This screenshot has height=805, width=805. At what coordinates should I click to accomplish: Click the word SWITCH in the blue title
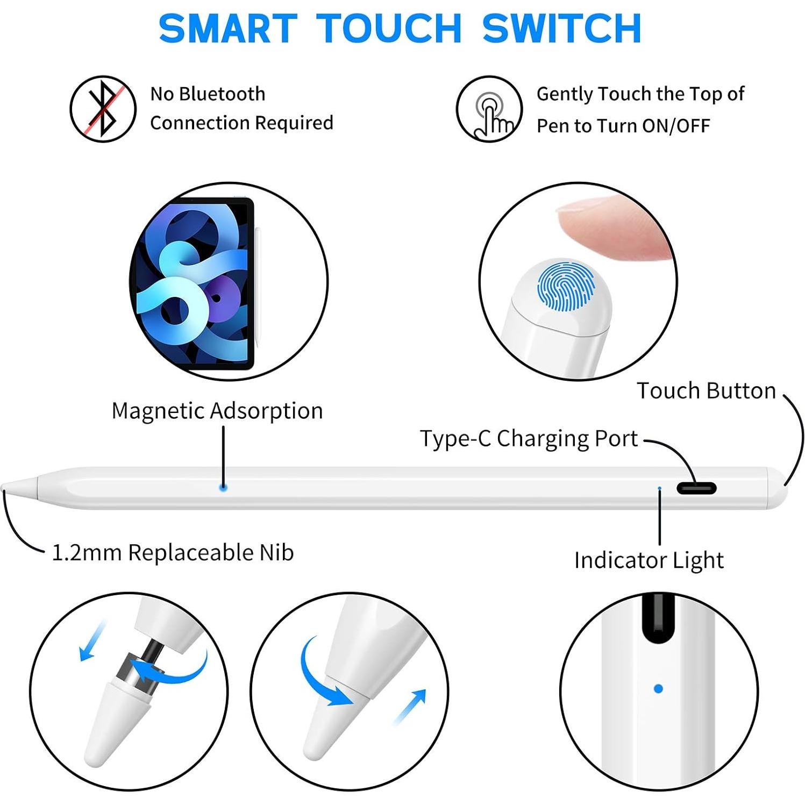[561, 29]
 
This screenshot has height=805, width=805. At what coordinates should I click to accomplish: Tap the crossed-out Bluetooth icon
[103, 109]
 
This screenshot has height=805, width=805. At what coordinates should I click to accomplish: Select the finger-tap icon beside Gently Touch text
[489, 109]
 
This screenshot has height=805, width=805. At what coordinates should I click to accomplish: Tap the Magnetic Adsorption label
[217, 411]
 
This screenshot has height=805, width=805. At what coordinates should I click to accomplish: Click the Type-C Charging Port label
[529, 439]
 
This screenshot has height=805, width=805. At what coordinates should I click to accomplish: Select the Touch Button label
[706, 391]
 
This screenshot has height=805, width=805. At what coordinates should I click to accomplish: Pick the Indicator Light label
[649, 560]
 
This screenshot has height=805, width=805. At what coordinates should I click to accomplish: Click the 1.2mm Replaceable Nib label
[173, 553]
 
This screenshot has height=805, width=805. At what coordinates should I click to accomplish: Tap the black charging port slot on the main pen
[696, 488]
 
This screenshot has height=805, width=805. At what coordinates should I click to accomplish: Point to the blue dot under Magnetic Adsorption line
[223, 487]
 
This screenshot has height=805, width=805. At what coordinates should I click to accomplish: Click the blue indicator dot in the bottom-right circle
[658, 688]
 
